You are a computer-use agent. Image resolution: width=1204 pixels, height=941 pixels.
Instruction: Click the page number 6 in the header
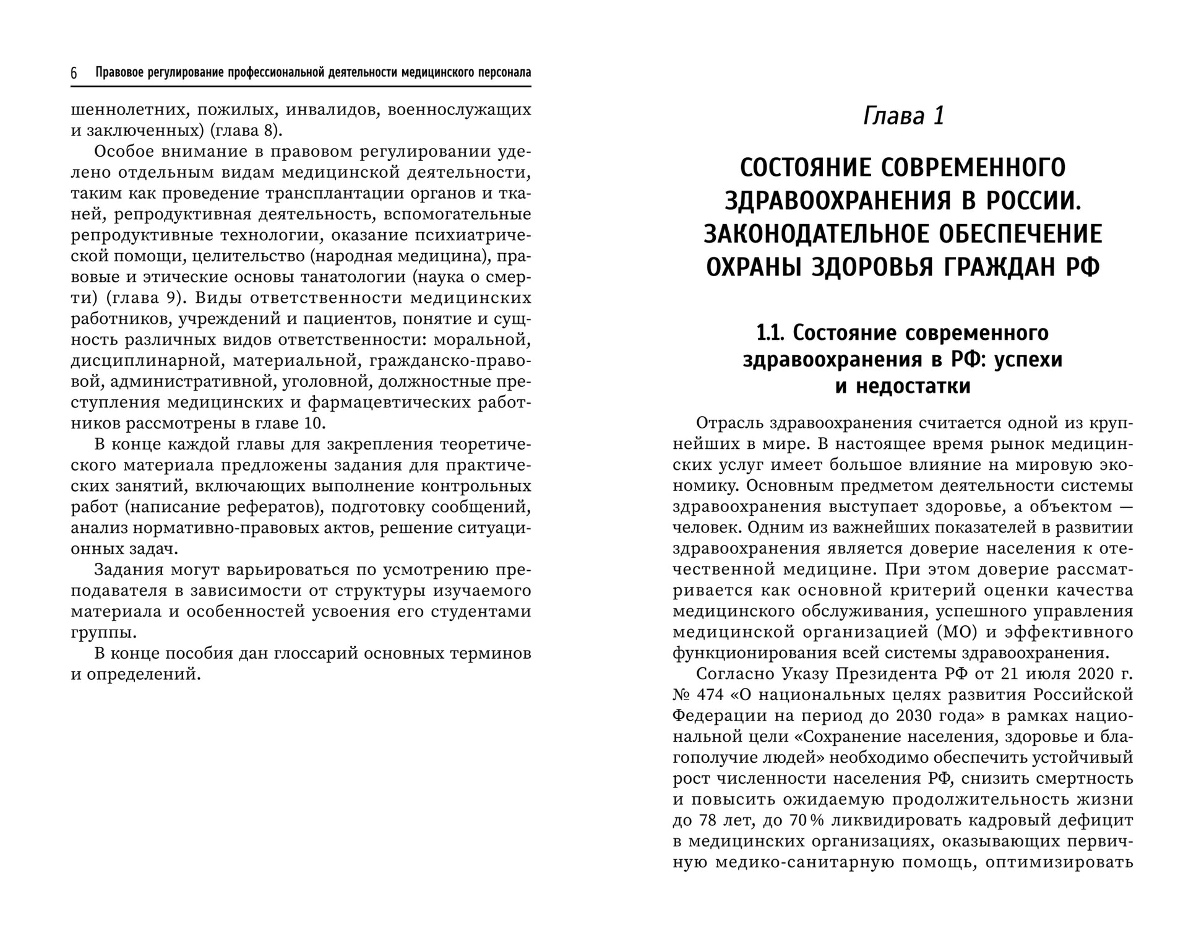point(74,74)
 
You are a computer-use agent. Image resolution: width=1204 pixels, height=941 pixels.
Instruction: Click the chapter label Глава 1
point(903,116)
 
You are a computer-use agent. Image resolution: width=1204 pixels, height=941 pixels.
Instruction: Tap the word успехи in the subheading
point(1028,360)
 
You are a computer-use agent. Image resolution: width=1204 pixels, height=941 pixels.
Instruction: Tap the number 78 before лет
point(706,821)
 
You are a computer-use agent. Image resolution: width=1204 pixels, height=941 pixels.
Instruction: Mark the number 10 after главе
point(314,423)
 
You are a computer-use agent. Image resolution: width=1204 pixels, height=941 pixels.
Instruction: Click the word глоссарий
point(317,654)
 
